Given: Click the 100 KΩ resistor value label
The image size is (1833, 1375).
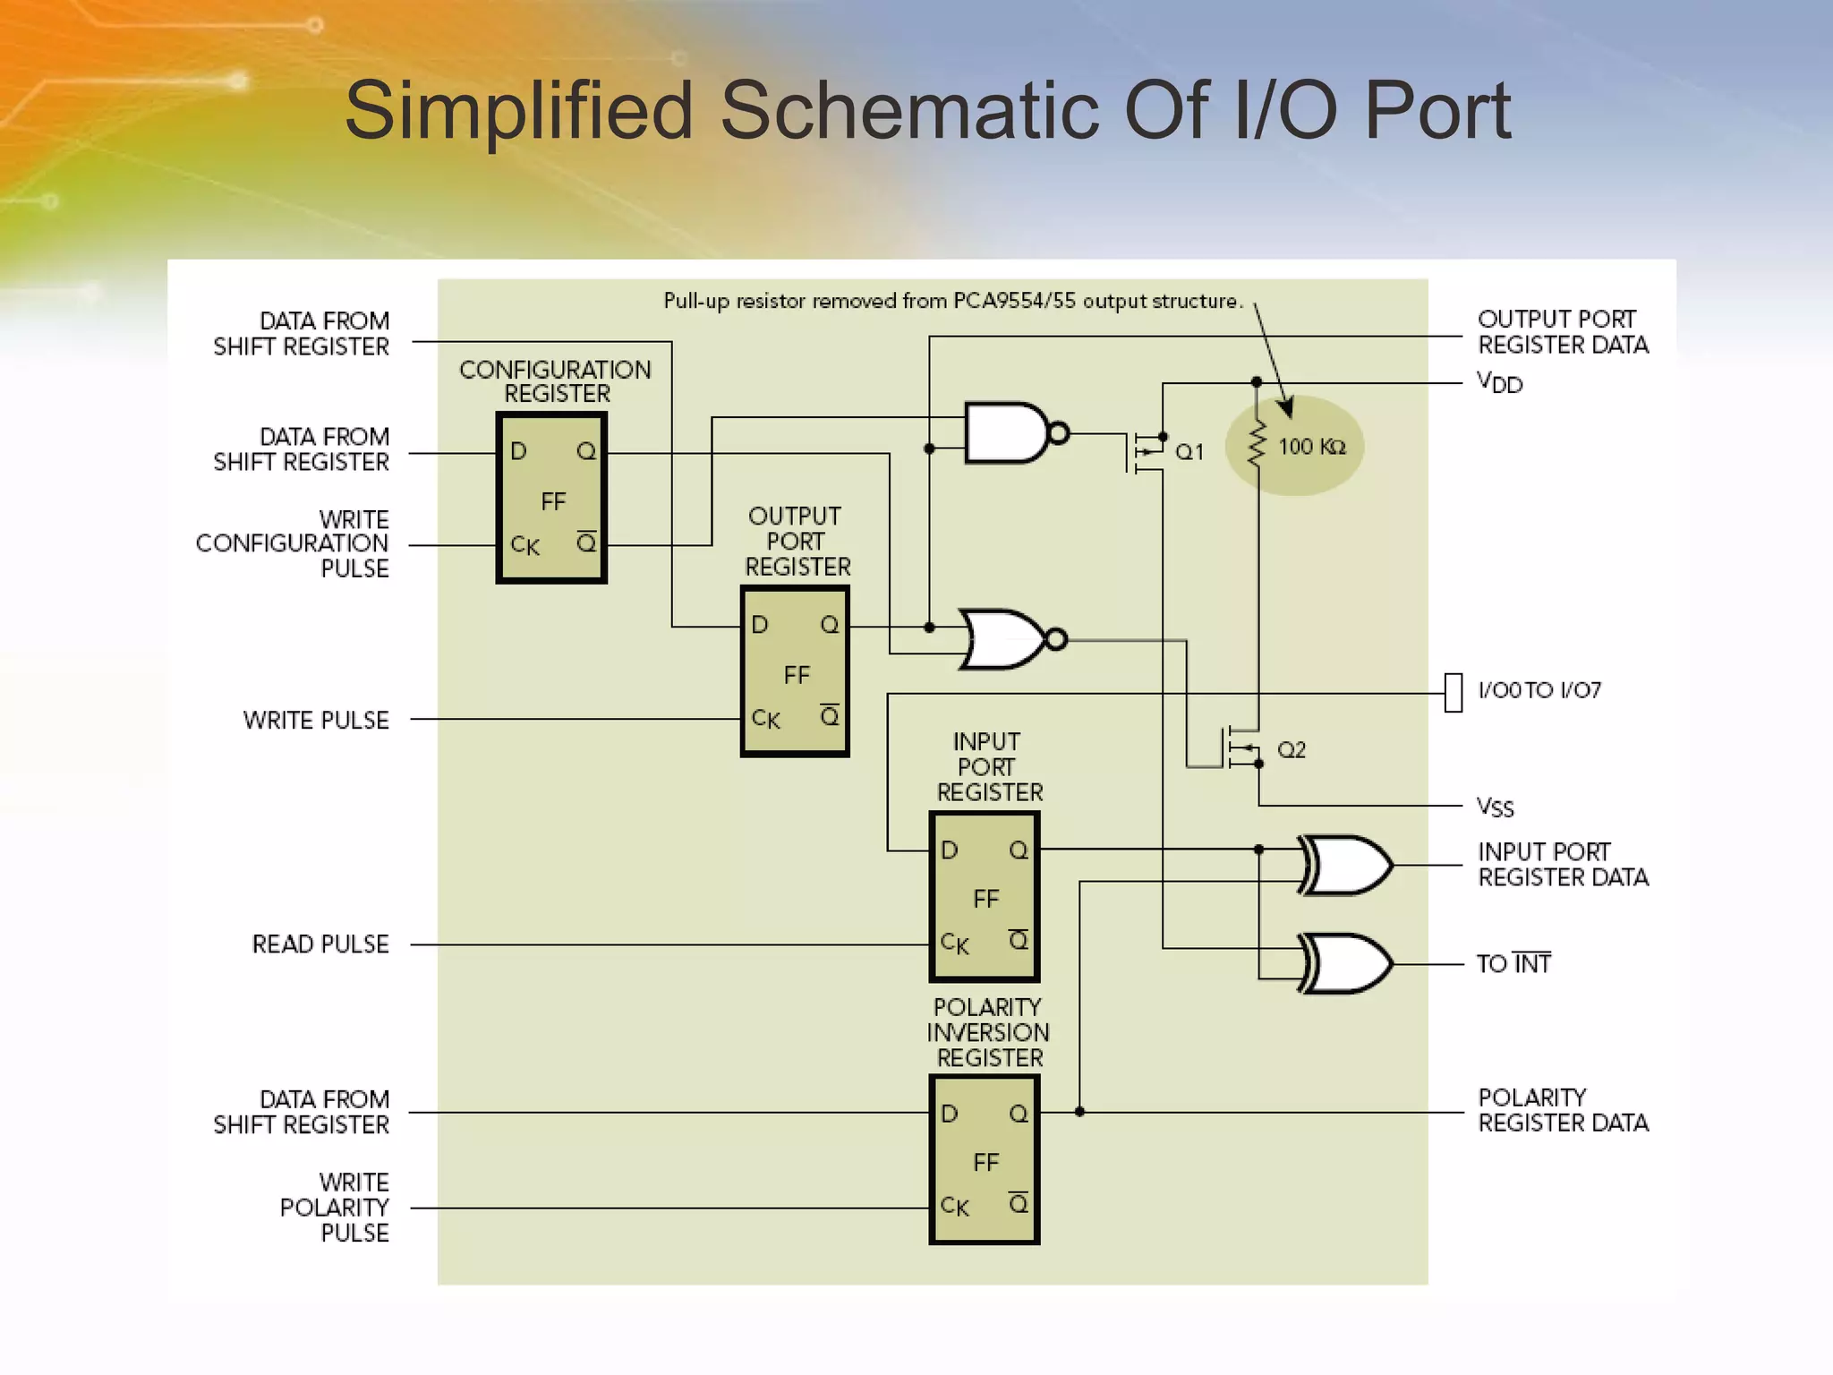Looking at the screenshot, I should point(1311,447).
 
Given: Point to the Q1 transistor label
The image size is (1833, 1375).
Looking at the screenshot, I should point(1189,452).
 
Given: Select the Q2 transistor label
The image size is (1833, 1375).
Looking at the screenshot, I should point(1291,749).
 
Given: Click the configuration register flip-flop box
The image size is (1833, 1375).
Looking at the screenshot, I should point(551,498).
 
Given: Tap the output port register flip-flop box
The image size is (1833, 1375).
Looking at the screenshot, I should point(795,671).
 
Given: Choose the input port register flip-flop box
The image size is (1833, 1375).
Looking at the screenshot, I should point(985,896).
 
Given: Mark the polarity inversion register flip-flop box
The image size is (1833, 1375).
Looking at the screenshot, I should point(985,1160).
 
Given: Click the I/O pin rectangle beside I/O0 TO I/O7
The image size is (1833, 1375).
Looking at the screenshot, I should point(1454,693).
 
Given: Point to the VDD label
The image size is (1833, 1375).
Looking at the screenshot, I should point(1499,383).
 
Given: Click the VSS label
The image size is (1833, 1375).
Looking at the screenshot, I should point(1495,807).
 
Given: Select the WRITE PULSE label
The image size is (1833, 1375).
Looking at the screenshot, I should point(316,720).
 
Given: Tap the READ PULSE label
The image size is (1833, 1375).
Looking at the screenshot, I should point(320,944).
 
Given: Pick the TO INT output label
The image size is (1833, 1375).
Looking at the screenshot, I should point(1513,964).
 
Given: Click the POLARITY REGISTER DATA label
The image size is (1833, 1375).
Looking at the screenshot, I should point(1563,1110).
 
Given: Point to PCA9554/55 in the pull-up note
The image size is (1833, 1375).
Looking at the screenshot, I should point(1014,301).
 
